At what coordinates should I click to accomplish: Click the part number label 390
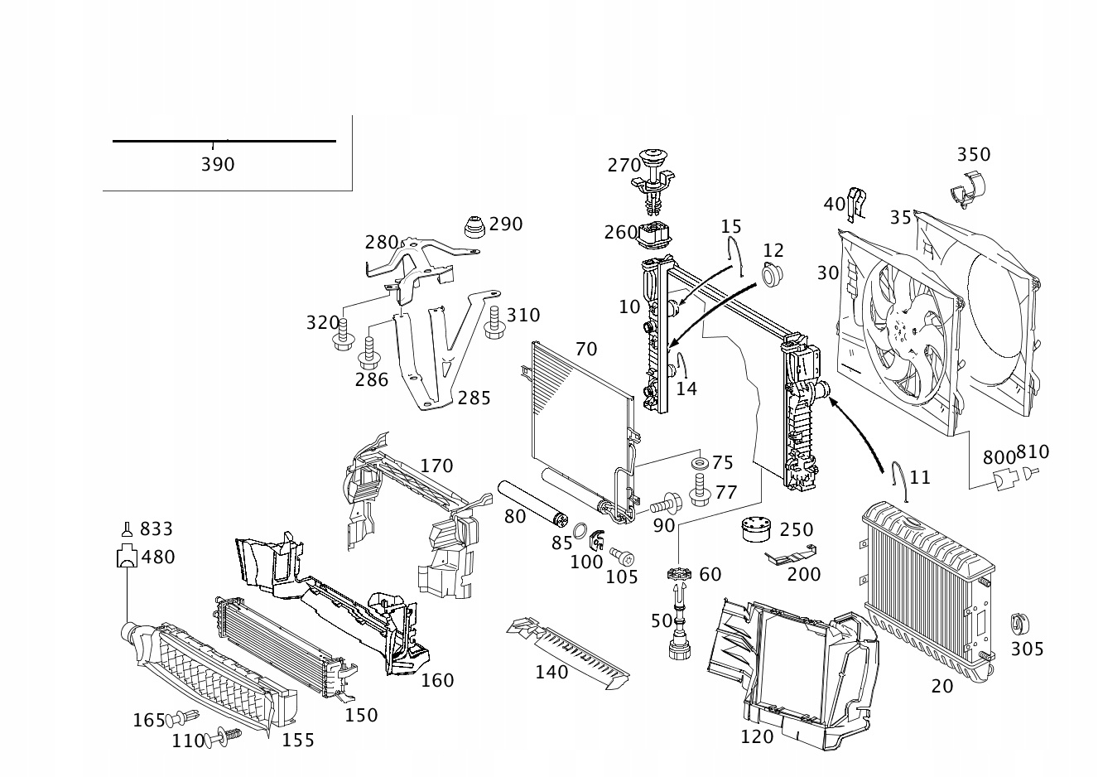(218, 165)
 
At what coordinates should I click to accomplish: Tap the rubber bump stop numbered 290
(473, 227)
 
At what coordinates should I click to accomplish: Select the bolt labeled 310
(494, 321)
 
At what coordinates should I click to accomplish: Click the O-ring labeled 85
(580, 529)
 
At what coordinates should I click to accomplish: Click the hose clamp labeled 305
(1019, 624)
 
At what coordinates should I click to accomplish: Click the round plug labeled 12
(772, 274)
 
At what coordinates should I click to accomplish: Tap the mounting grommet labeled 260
(655, 237)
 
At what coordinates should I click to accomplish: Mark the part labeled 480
(126, 557)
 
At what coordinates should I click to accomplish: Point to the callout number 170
(436, 466)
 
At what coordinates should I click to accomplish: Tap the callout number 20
(941, 687)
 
